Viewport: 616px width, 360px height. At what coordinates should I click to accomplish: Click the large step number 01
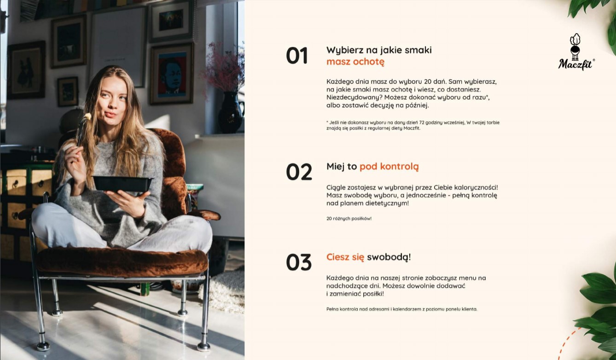pos(297,56)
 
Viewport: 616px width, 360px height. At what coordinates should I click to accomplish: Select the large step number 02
pos(299,172)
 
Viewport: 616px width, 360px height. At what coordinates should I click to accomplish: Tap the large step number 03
pos(299,262)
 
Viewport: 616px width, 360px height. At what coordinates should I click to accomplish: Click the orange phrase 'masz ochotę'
pos(355,62)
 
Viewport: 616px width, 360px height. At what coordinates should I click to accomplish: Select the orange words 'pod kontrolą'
pos(389,167)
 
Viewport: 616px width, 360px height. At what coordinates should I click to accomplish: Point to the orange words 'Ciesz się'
pos(345,257)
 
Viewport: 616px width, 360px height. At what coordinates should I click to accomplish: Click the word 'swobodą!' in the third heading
pos(389,257)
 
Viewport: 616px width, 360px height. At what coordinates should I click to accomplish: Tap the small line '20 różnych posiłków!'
pos(349,219)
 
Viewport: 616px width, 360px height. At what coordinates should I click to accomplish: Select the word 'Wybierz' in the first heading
pos(342,50)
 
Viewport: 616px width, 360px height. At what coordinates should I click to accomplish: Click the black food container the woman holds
pos(122,184)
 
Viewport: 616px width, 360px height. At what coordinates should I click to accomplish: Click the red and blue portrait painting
pos(172,74)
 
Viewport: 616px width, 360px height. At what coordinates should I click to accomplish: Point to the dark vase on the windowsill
pos(231,113)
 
